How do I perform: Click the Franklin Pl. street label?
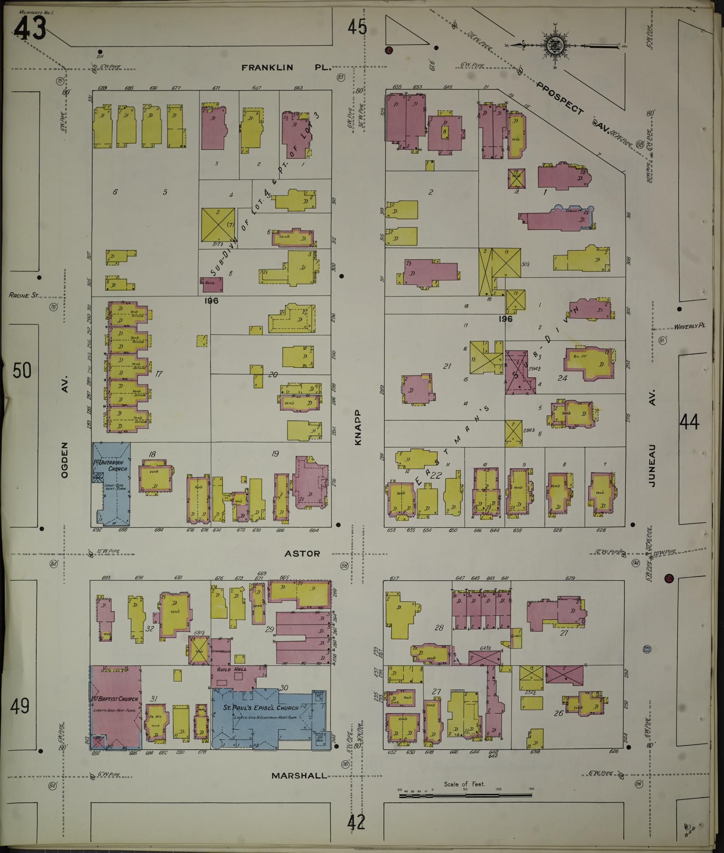[x=287, y=68]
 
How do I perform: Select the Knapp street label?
[x=358, y=427]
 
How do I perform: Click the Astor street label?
[x=302, y=554]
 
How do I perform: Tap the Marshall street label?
[x=299, y=776]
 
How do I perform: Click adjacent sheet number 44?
[x=689, y=422]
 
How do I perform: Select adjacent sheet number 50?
[x=22, y=371]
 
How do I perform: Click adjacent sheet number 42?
[x=357, y=823]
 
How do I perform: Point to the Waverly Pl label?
[x=690, y=326]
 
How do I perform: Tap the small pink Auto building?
[x=211, y=284]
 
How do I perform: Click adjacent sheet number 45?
[x=357, y=28]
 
